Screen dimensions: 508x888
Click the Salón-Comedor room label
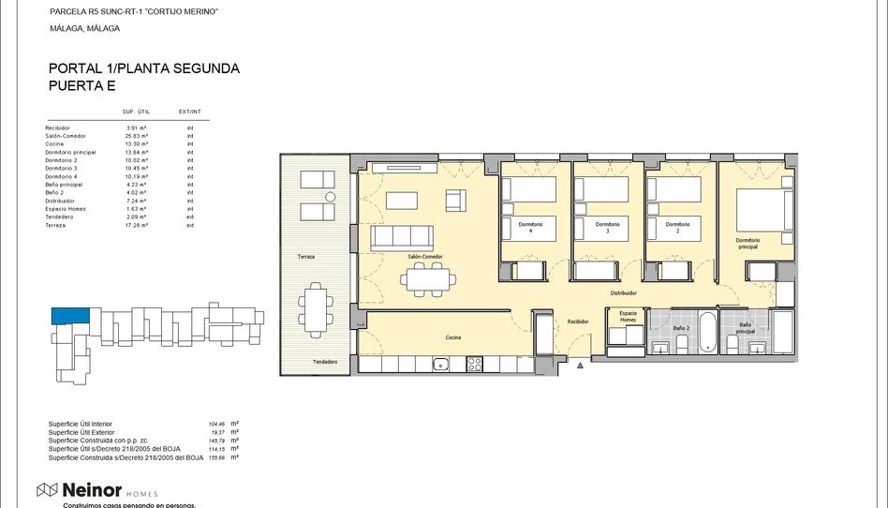click(x=425, y=257)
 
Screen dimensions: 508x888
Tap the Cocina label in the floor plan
click(x=453, y=337)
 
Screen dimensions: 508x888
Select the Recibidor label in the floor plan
click(x=578, y=321)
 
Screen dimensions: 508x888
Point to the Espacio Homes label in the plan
click(x=628, y=316)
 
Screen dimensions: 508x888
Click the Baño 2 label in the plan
click(x=681, y=328)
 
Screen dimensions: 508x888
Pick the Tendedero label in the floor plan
click(x=325, y=362)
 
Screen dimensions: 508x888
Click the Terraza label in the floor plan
click(x=306, y=257)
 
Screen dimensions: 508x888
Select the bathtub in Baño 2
click(x=707, y=334)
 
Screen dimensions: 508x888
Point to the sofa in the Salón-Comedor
click(x=401, y=238)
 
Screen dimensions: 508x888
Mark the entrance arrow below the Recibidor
click(x=581, y=364)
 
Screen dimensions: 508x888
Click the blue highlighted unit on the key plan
click(x=70, y=317)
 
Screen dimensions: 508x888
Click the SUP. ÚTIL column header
click(x=137, y=112)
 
